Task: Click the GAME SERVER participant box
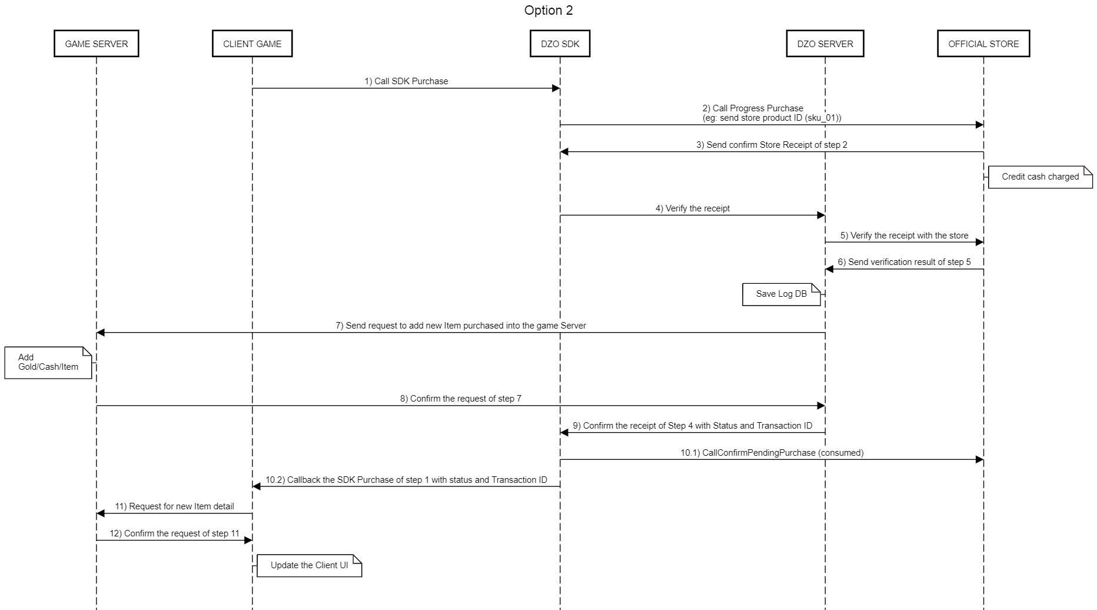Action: click(x=97, y=44)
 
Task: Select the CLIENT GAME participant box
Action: click(x=252, y=44)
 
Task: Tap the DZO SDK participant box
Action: click(x=560, y=44)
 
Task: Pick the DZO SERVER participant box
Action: click(x=825, y=44)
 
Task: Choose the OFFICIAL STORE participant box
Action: click(x=983, y=44)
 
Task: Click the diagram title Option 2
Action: click(x=548, y=11)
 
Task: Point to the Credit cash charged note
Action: click(x=1040, y=177)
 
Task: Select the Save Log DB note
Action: click(x=782, y=294)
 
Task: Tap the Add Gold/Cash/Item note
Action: click(x=48, y=362)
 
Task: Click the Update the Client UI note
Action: click(x=309, y=565)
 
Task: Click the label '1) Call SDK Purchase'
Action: click(x=406, y=81)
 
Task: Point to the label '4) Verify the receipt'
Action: click(x=693, y=208)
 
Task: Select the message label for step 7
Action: click(x=461, y=326)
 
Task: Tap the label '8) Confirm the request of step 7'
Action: click(x=461, y=399)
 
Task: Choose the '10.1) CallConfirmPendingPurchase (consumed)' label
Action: click(x=772, y=453)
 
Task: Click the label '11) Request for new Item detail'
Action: click(x=174, y=506)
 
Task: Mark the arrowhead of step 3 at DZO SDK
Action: click(x=564, y=152)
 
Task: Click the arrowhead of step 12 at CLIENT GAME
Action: click(x=248, y=540)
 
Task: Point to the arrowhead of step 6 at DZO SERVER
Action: click(x=829, y=269)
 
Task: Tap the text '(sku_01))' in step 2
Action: click(x=823, y=118)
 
